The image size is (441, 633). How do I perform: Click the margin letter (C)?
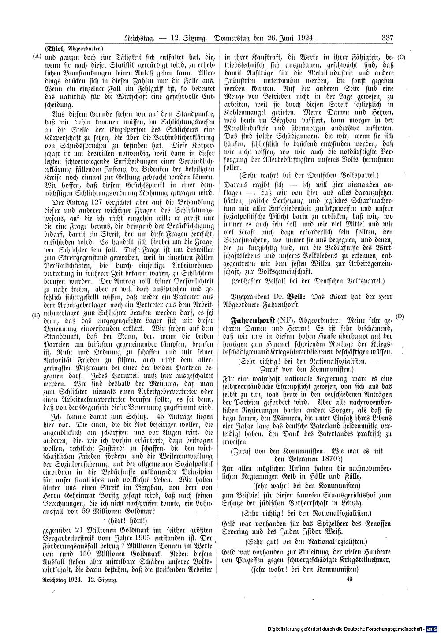401,57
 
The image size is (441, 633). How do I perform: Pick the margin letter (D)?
400,316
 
